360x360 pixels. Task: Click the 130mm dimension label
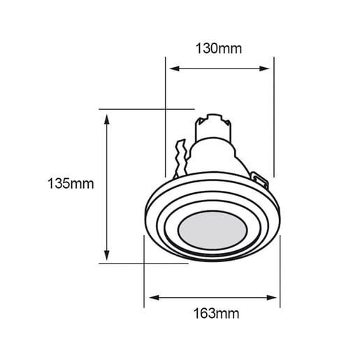[x=219, y=48]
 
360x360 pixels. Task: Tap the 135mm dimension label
[x=71, y=183]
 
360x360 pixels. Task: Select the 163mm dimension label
[x=216, y=313]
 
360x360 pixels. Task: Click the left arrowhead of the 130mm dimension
[x=174, y=69]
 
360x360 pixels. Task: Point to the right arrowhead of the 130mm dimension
[x=264, y=69]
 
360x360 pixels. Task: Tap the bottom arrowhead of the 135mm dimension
[x=107, y=255]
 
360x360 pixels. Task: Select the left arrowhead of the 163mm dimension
[x=154, y=298]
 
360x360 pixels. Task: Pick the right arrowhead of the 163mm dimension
[x=272, y=298]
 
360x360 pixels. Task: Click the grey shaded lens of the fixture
[x=213, y=230]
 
